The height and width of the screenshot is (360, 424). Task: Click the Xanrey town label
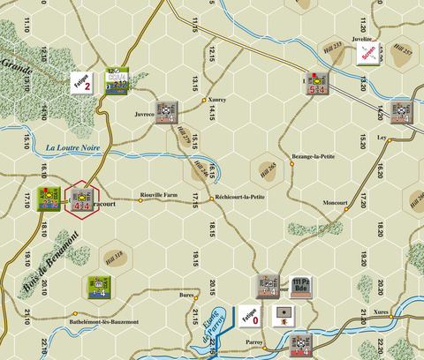217,101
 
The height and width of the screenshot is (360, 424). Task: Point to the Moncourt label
336,202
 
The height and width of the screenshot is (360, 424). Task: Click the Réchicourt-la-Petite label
240,197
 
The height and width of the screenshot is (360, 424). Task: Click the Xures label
381,311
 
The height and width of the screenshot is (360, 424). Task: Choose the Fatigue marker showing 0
248,316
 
